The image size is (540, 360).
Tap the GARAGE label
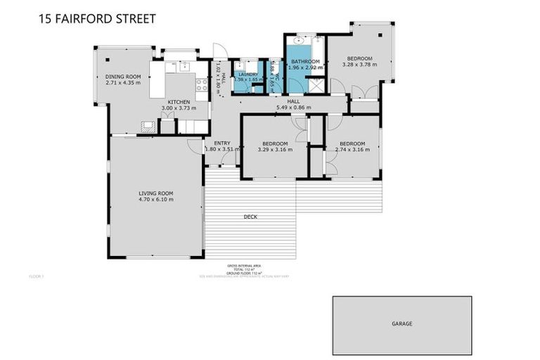tap(402, 324)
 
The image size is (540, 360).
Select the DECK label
tap(250, 217)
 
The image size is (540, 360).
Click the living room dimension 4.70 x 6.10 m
tap(155, 200)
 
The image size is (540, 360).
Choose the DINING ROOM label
tap(123, 76)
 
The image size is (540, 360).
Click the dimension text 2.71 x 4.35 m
tap(123, 82)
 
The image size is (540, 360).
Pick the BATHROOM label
tap(305, 62)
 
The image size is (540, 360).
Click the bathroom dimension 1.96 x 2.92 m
tap(305, 68)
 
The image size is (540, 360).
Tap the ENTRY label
tap(222, 143)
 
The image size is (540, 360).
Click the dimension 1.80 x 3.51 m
tap(222, 149)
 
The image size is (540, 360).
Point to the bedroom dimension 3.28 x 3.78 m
tap(359, 65)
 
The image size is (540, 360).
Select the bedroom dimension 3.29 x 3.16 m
tap(275, 149)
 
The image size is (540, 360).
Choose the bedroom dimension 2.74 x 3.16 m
tap(352, 149)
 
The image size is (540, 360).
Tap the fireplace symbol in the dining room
tap(148, 127)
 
